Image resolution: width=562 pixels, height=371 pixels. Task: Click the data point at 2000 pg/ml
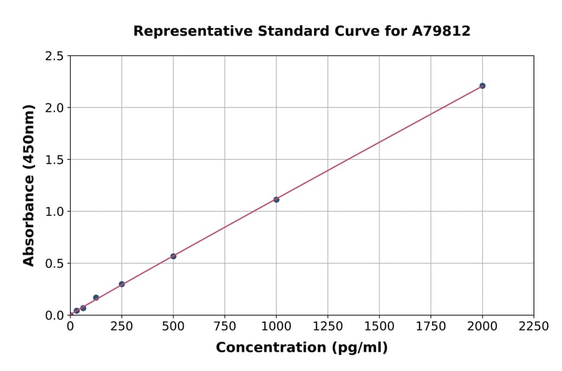pos(482,86)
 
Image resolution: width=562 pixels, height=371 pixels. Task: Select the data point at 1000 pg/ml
pos(276,199)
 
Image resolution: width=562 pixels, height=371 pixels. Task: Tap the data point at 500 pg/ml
pos(173,256)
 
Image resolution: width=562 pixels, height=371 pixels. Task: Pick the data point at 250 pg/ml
pos(122,284)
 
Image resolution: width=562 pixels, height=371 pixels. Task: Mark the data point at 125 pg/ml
pos(96,297)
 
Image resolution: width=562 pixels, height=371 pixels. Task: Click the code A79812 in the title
pos(441,31)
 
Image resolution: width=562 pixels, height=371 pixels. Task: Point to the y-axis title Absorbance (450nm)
pos(29,185)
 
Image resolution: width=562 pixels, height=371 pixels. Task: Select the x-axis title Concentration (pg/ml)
pos(302,348)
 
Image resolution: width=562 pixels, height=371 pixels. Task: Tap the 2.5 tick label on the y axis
pos(54,56)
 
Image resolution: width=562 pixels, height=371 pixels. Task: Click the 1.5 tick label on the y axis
pos(54,160)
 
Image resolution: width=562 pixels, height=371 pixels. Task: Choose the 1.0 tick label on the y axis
pos(54,212)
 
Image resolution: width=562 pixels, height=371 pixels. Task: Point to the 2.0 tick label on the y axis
pos(54,108)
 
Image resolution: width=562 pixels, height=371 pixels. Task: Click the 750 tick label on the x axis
pos(225,326)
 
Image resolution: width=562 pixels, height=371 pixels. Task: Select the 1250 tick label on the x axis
pos(328,326)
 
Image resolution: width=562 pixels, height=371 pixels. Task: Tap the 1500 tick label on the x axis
pos(379,326)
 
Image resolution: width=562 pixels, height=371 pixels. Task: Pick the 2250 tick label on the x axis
pos(534,326)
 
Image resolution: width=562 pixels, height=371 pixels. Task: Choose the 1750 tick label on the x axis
pos(431,326)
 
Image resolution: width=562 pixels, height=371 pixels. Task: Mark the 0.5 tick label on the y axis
pos(54,264)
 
